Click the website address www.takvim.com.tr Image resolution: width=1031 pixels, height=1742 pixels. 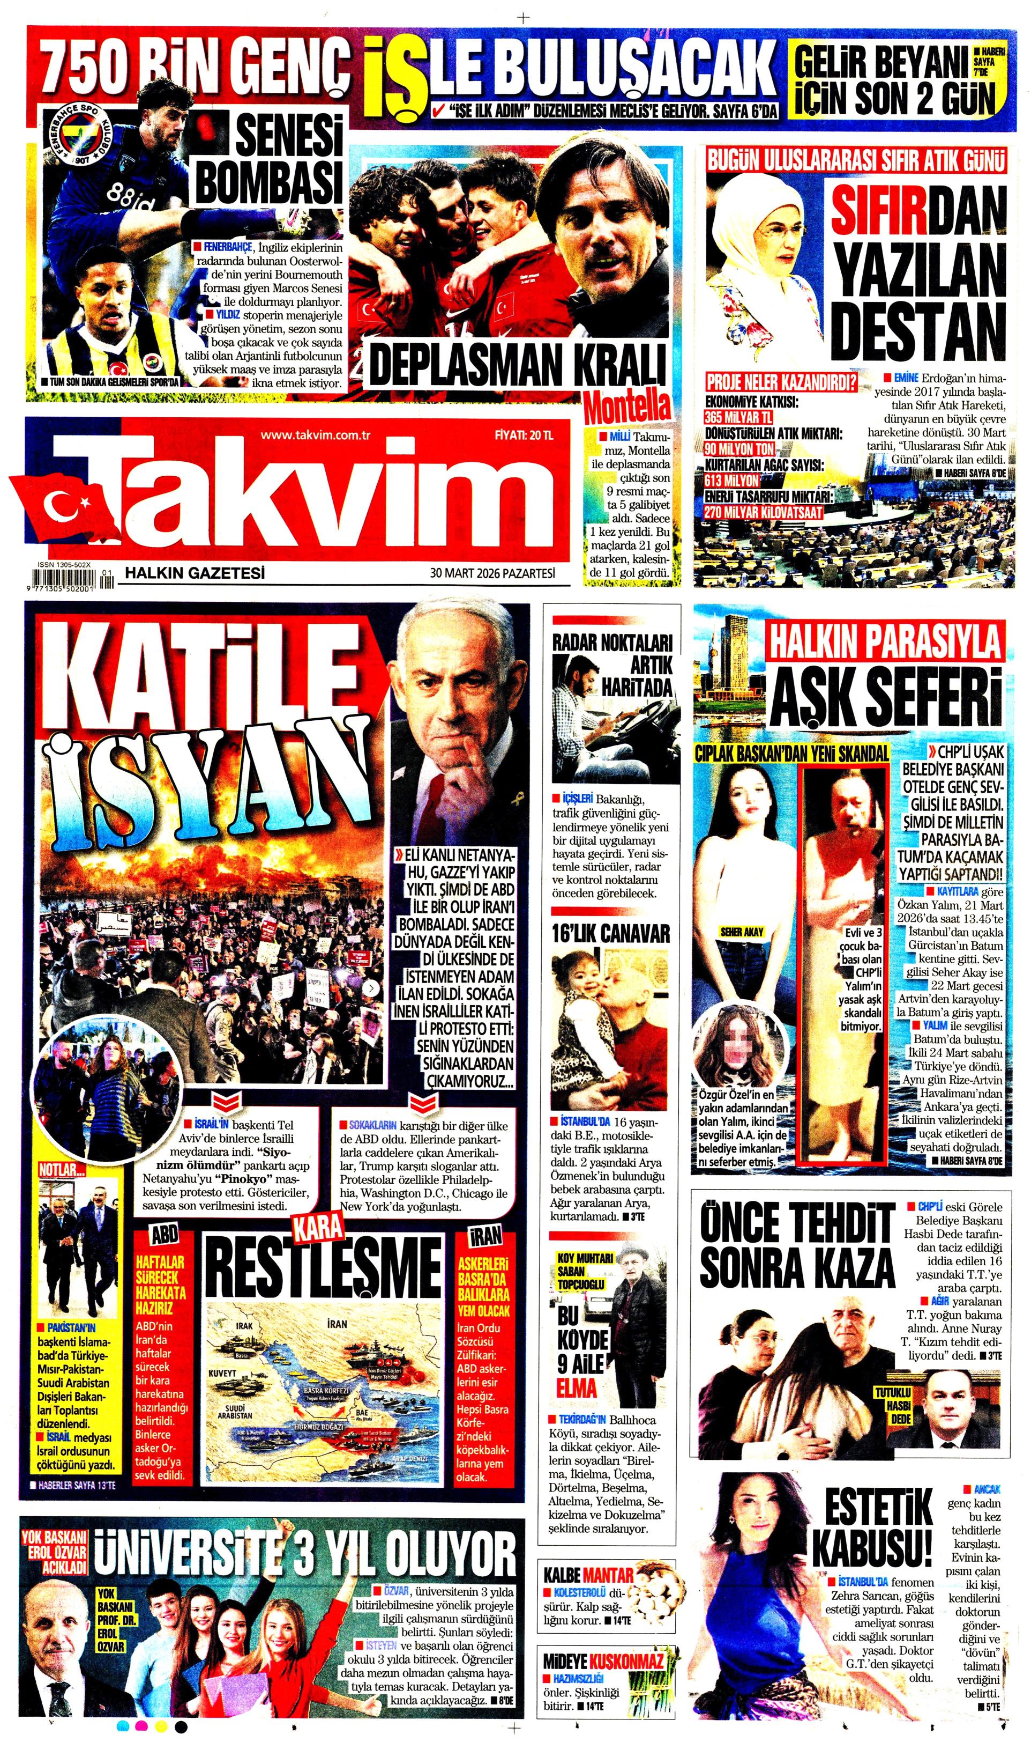[315, 436]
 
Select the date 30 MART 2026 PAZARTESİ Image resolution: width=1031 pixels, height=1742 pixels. [492, 573]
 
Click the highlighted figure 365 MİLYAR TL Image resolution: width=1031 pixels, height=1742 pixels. [738, 418]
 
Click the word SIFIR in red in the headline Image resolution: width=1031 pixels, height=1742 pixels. [879, 209]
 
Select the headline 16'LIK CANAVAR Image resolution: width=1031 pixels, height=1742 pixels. [611, 934]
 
